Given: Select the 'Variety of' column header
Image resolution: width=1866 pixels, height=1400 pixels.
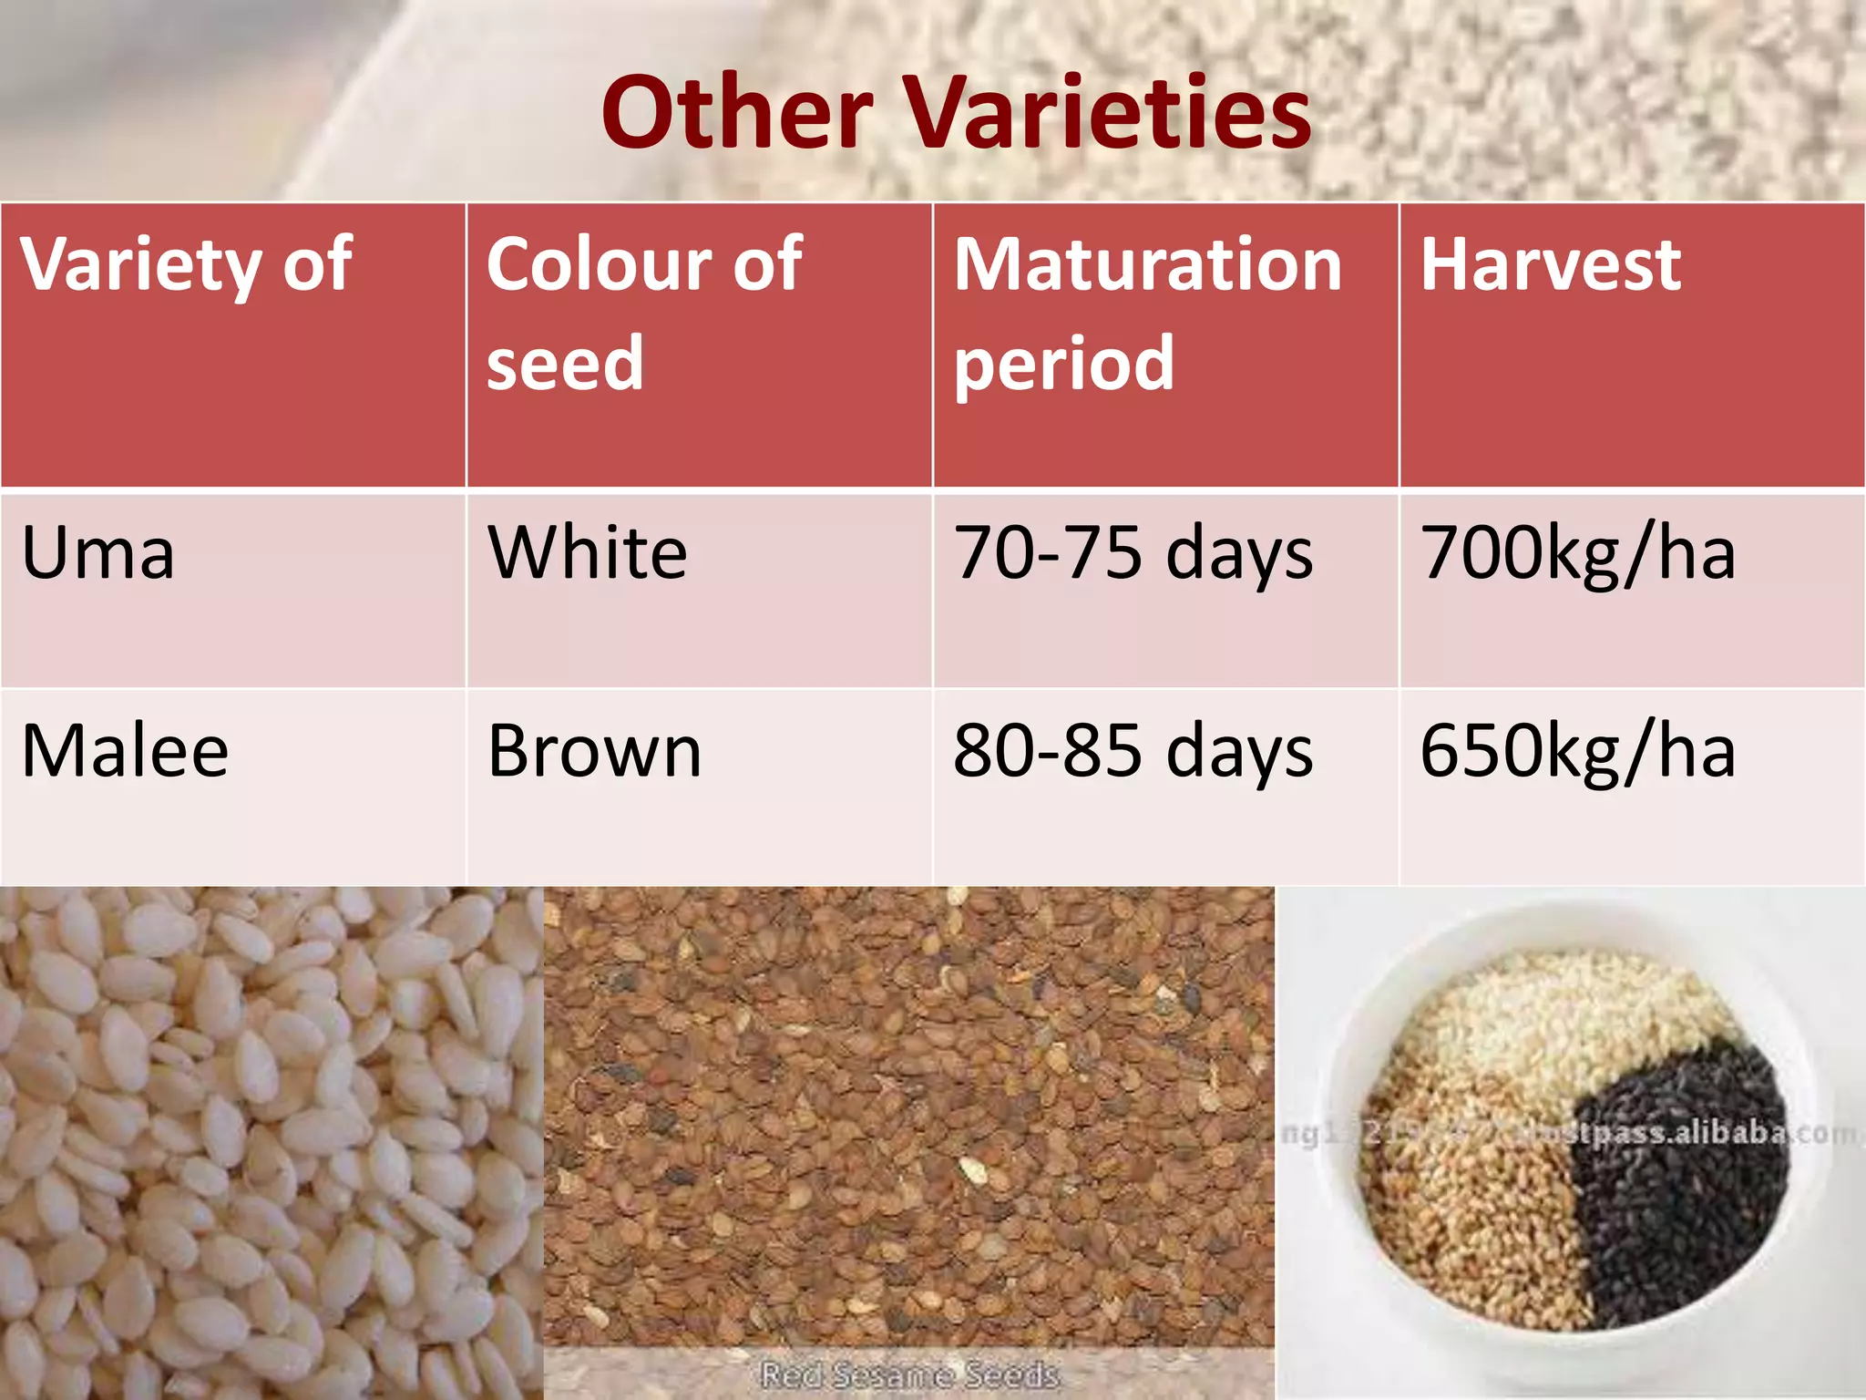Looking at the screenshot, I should [x=187, y=264].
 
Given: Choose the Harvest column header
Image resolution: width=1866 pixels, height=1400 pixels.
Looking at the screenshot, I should [x=1550, y=264].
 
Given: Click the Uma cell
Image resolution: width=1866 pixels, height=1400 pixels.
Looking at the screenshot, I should [x=97, y=553].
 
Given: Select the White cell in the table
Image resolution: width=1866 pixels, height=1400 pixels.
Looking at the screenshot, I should [x=587, y=553].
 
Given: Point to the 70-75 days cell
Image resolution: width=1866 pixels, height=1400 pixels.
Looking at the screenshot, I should [x=1133, y=553].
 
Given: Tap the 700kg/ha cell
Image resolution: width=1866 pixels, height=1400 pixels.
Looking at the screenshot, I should [x=1577, y=553].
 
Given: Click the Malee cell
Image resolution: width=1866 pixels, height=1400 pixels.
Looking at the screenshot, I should [x=125, y=751].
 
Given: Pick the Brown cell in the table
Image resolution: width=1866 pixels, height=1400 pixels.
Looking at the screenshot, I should [x=594, y=751].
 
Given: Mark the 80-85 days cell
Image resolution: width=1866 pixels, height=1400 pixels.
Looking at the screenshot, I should [x=1133, y=751].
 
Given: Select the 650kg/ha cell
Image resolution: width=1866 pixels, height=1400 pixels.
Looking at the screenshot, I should [x=1577, y=751].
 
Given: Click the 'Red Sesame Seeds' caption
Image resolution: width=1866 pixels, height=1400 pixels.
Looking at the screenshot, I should [x=909, y=1373].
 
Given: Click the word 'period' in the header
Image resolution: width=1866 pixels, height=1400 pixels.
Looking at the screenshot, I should [x=1063, y=364].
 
